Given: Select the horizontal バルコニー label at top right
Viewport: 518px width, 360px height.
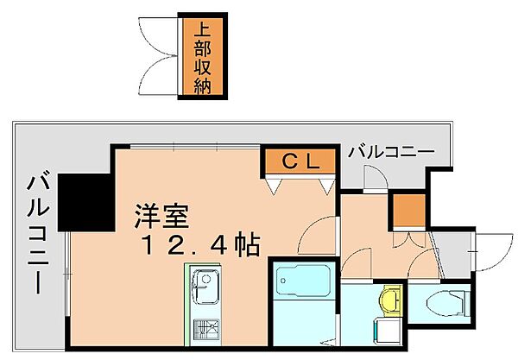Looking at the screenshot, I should pyautogui.click(x=391, y=153).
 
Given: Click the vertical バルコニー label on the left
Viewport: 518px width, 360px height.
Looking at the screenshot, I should pyautogui.click(x=37, y=233).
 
